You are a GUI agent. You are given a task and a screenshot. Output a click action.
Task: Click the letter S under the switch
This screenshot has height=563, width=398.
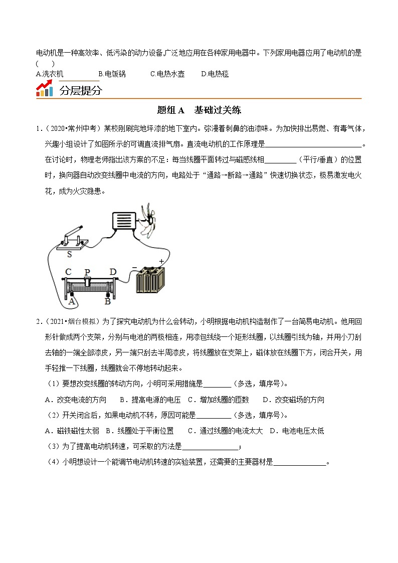69,254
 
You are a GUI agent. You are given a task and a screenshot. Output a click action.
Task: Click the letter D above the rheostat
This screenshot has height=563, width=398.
113,272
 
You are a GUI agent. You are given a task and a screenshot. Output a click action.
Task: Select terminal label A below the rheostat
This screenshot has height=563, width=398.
72,301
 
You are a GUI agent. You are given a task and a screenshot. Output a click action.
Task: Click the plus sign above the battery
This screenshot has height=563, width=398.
161,261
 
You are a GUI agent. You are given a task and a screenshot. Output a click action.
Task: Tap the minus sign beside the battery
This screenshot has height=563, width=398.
134,268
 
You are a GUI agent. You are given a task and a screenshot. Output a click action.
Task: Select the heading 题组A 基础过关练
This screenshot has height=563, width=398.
199,110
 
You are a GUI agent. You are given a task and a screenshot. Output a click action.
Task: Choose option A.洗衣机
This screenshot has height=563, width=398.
50,74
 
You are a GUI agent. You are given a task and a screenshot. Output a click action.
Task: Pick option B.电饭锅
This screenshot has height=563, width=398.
112,74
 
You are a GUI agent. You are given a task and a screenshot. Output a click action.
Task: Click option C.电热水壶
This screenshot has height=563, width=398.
167,74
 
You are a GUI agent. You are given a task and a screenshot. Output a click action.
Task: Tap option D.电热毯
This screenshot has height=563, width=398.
215,74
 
